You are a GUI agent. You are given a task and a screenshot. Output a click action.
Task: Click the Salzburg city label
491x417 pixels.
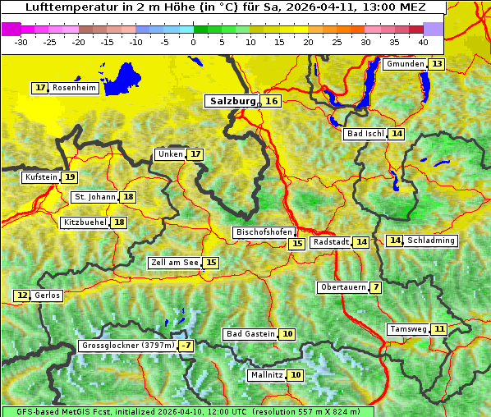231,101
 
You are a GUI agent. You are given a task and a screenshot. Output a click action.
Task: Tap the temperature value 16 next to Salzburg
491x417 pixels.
271,101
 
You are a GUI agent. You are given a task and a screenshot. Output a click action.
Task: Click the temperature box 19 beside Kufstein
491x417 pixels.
70,176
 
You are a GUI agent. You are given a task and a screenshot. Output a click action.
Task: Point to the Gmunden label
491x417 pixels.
405,64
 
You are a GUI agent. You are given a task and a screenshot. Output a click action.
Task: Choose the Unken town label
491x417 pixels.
170,154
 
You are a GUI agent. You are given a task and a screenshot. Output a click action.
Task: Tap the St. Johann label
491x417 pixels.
94,197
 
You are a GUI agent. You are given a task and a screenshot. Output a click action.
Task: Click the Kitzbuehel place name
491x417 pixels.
85,222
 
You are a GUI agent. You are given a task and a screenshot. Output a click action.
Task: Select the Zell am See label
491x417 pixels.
175,263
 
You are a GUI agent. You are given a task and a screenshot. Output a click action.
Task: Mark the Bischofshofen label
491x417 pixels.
264,232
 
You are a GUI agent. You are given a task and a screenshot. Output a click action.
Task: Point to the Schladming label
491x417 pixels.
431,241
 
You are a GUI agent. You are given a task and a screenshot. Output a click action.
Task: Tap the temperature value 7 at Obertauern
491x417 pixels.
375,287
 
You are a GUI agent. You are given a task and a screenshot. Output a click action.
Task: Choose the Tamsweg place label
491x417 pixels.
408,329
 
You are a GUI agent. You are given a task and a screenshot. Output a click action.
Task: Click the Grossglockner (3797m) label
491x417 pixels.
128,346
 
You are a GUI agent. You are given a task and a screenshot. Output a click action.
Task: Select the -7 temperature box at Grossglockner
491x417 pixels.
186,346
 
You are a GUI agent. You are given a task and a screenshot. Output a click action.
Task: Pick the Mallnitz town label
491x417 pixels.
266,375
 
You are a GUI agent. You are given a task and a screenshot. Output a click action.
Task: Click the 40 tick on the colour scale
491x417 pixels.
423,42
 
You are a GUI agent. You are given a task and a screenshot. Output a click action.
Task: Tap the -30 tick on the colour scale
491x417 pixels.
21,42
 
